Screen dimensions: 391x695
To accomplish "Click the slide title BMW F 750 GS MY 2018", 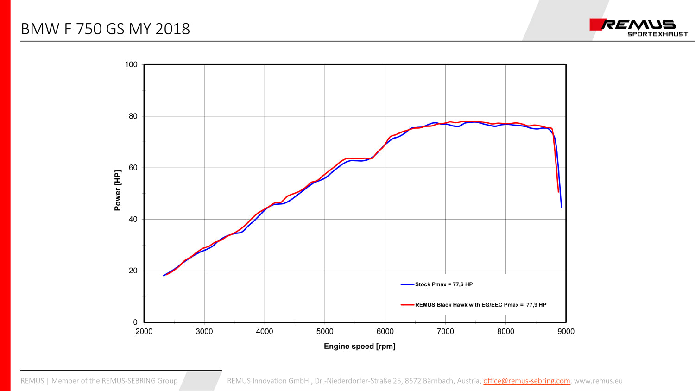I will (x=105, y=29).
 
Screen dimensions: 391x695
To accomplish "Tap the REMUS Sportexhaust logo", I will (x=638, y=27).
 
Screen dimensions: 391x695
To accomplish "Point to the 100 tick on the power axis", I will (x=131, y=65).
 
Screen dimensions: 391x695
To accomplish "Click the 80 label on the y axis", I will (x=133, y=116).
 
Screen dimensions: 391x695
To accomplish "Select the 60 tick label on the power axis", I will (x=133, y=168).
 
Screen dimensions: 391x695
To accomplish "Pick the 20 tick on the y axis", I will (x=133, y=271).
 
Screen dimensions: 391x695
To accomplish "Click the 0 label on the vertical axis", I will (x=135, y=322).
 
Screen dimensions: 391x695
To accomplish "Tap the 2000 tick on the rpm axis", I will (x=144, y=332).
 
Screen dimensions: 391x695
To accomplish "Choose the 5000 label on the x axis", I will (x=325, y=332).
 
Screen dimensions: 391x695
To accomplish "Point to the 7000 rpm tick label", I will (x=445, y=332).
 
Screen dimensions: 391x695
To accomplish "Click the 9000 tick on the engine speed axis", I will (x=566, y=332).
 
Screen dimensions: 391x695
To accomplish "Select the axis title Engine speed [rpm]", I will (x=360, y=347).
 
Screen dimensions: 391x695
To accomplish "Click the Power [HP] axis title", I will (x=118, y=190).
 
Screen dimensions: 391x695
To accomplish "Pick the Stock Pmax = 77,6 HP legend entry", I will (x=444, y=284).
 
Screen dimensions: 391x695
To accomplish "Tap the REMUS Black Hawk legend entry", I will (x=480, y=305).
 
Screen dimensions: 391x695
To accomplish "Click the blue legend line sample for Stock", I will (x=407, y=284).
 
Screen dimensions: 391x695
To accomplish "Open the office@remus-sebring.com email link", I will (x=526, y=381).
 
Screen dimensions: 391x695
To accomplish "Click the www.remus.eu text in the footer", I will (x=598, y=381).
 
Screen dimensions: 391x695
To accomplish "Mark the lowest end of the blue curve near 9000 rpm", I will (x=562, y=207).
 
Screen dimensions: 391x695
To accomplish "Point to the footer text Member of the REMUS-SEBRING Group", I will (x=114, y=381).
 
